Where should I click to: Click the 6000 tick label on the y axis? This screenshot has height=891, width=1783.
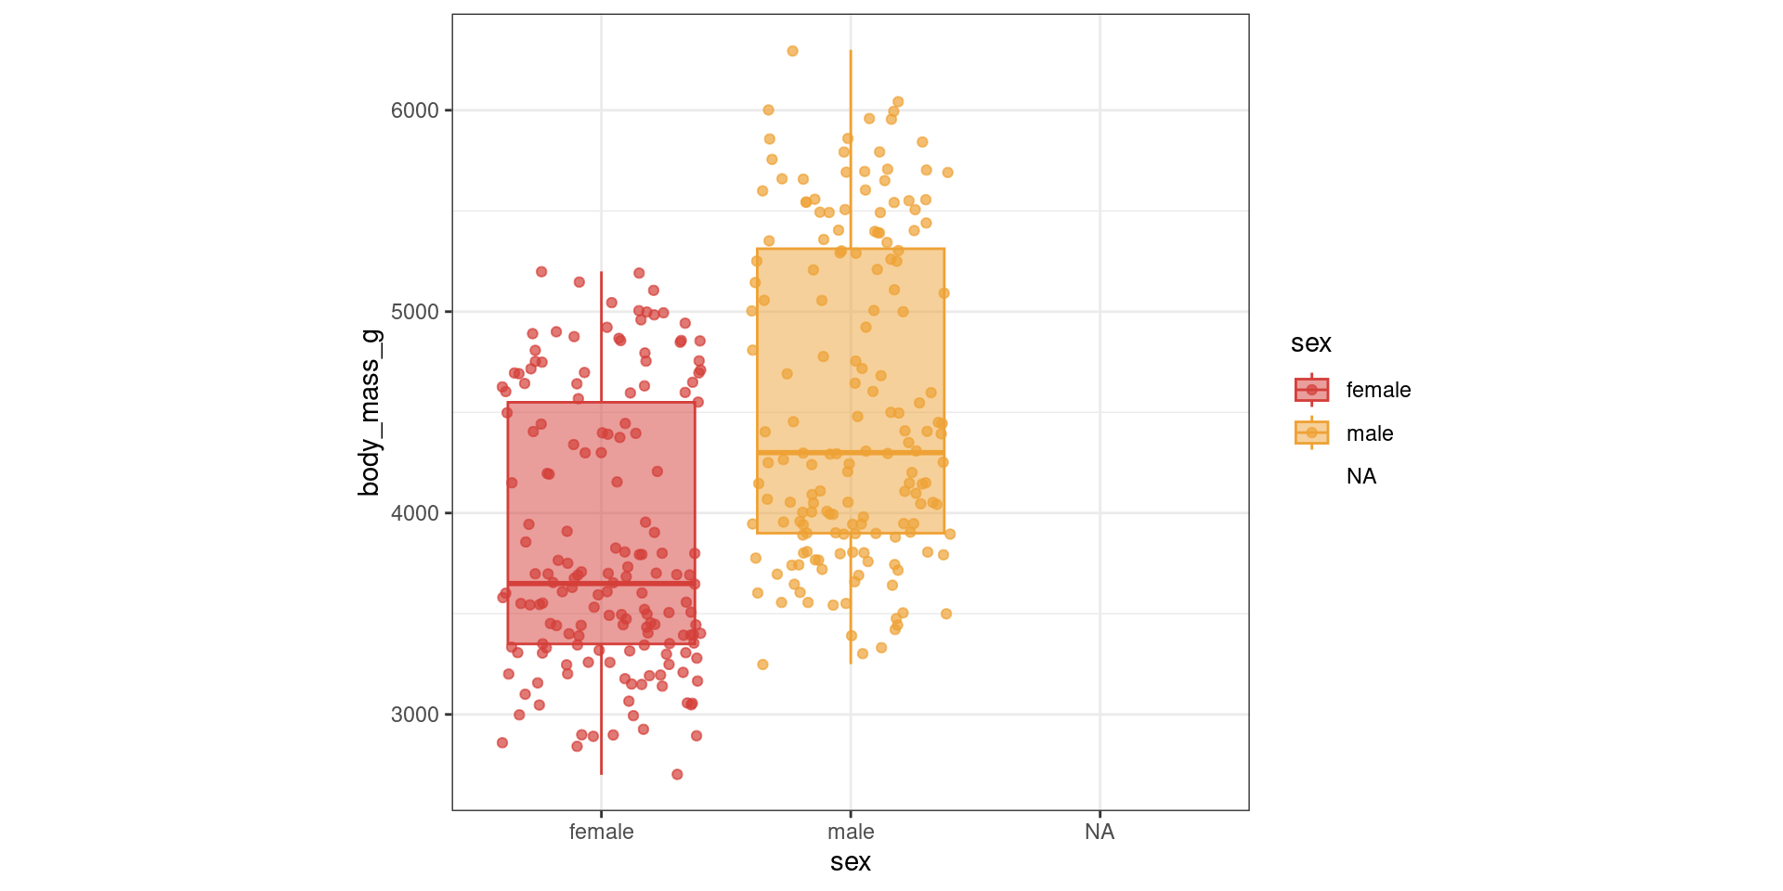pyautogui.click(x=414, y=110)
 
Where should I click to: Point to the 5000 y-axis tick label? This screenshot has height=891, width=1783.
pyautogui.click(x=414, y=312)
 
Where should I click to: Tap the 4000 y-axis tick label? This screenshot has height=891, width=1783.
pyautogui.click(x=414, y=513)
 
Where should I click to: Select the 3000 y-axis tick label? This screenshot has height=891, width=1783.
pyautogui.click(x=414, y=715)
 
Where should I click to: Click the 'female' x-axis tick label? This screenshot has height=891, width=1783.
pyautogui.click(x=601, y=832)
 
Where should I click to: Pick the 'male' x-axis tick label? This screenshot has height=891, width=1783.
pyautogui.click(x=851, y=832)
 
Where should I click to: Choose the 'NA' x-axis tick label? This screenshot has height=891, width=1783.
pyautogui.click(x=1100, y=832)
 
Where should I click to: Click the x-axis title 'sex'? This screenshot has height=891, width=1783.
pyautogui.click(x=851, y=862)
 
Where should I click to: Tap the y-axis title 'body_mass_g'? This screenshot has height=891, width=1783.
pyautogui.click(x=370, y=412)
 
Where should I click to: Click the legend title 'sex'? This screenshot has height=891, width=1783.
pyautogui.click(x=1310, y=343)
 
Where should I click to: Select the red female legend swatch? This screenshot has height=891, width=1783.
pyautogui.click(x=1311, y=390)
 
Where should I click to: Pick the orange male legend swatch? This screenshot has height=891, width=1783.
pyautogui.click(x=1311, y=433)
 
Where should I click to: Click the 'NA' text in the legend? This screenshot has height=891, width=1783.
pyautogui.click(x=1360, y=476)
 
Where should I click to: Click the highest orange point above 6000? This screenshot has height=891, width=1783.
pyautogui.click(x=792, y=51)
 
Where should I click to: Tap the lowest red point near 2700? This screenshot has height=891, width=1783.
pyautogui.click(x=677, y=774)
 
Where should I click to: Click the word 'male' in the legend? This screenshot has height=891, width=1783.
pyautogui.click(x=1369, y=433)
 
